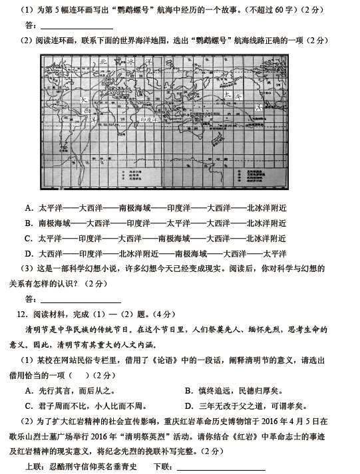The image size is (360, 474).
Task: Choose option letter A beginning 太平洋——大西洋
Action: (x=29, y=207)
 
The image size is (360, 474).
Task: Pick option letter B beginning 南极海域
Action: (x=29, y=223)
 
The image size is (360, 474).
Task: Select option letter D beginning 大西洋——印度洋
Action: (x=29, y=253)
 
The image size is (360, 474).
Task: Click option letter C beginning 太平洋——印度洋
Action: (x=29, y=238)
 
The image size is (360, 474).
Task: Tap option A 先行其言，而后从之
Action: (x=29, y=390)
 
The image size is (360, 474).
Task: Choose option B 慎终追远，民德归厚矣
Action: (x=189, y=390)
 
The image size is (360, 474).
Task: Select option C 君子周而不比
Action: (x=29, y=406)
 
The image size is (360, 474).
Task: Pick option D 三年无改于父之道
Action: (x=189, y=406)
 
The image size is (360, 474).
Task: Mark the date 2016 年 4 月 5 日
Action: (x=293, y=421)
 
